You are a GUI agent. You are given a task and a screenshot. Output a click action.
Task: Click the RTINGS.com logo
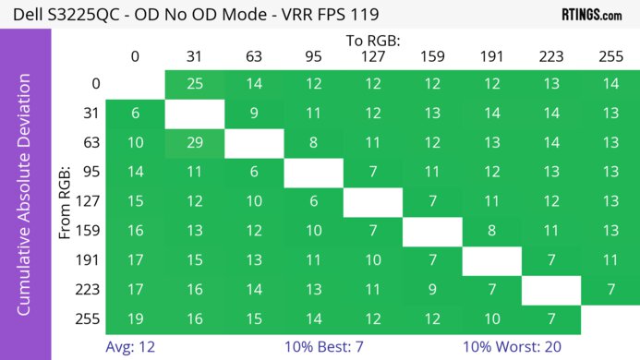point(591,15)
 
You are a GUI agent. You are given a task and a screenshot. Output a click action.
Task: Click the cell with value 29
point(194,143)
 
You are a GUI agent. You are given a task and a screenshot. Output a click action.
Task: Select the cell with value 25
point(194,84)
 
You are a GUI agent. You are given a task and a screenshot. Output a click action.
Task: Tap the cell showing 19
point(135,319)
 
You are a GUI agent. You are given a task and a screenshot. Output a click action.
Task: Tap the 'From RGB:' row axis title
point(66,201)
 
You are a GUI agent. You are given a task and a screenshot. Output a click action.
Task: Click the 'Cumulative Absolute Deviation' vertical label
point(25,201)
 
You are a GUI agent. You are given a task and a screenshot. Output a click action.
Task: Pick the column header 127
point(372,57)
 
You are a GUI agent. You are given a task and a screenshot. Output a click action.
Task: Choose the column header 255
point(609,57)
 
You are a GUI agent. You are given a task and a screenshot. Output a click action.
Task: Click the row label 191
point(89,260)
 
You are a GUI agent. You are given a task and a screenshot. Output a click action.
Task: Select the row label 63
point(89,143)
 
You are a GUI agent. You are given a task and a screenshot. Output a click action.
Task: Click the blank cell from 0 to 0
point(135,84)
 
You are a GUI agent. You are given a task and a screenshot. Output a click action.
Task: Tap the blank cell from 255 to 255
point(609,319)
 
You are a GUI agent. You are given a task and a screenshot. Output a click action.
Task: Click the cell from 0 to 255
point(609,84)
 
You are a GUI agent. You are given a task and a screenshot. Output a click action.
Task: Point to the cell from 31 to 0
point(135,114)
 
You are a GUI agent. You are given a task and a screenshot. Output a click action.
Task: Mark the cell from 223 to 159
point(431,290)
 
